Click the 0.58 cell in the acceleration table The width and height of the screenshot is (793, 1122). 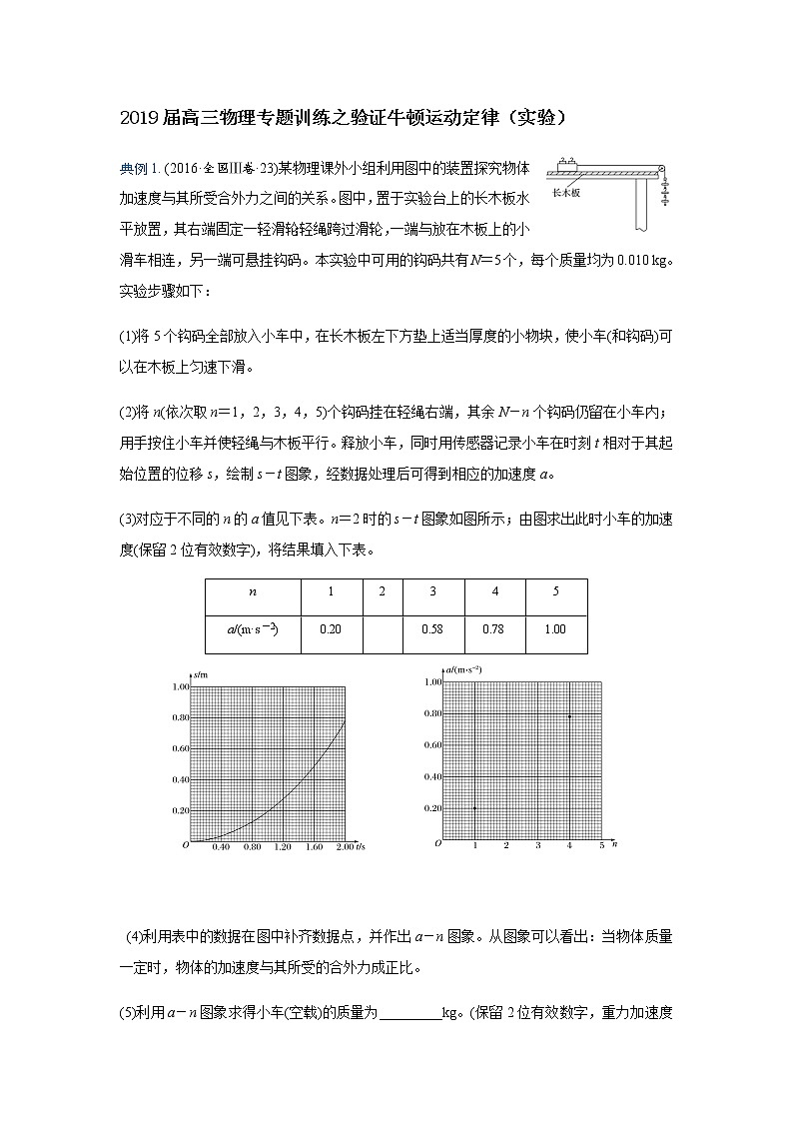click(x=431, y=629)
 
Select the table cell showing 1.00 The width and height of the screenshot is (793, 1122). click(x=555, y=629)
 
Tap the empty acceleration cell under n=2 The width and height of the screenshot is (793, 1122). click(x=382, y=629)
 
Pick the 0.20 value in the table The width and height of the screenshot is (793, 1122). click(x=331, y=629)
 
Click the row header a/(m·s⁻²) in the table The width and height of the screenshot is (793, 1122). click(x=253, y=629)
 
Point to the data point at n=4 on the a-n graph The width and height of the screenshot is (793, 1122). click(x=569, y=715)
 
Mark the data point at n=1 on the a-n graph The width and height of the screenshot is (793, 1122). click(x=474, y=808)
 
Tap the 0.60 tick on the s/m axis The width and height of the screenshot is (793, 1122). click(x=180, y=748)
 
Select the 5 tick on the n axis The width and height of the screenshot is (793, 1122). click(x=601, y=846)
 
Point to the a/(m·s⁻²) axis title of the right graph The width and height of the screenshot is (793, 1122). click(x=461, y=668)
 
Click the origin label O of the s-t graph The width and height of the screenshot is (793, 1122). click(x=185, y=845)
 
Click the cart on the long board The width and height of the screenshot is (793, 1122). click(x=569, y=163)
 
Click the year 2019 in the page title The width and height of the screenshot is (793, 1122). click(x=133, y=118)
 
